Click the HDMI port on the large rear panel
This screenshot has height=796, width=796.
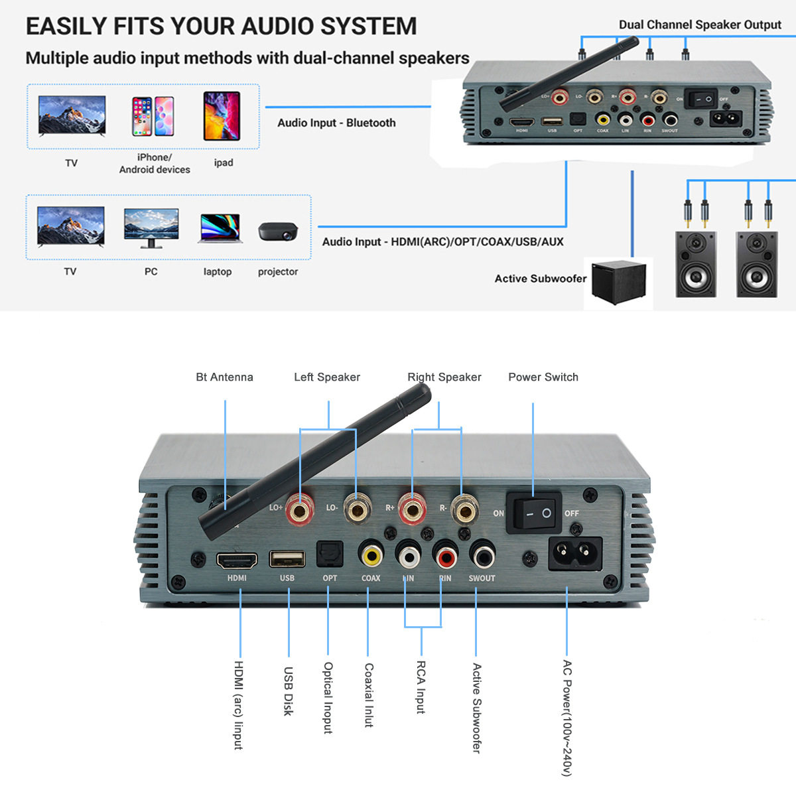click(237, 561)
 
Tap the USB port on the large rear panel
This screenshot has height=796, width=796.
click(287, 559)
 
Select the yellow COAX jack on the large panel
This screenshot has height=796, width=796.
click(371, 554)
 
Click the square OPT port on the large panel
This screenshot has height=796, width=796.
click(329, 554)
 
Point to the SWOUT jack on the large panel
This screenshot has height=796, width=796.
click(482, 553)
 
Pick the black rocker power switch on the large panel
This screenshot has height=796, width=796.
click(534, 513)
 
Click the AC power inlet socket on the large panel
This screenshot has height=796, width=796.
click(575, 553)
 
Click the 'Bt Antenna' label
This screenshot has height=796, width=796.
click(224, 377)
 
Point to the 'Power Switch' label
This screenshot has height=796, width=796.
click(543, 377)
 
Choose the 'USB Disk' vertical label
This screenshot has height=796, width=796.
click(288, 691)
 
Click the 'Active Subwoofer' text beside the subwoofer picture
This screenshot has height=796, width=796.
click(540, 279)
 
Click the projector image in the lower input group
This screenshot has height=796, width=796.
click(278, 231)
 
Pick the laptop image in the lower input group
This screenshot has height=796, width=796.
click(218, 229)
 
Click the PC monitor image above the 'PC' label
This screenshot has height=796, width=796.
click(151, 228)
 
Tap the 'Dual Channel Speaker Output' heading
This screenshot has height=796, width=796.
click(700, 25)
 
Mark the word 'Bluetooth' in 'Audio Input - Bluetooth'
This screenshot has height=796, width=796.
click(371, 123)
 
